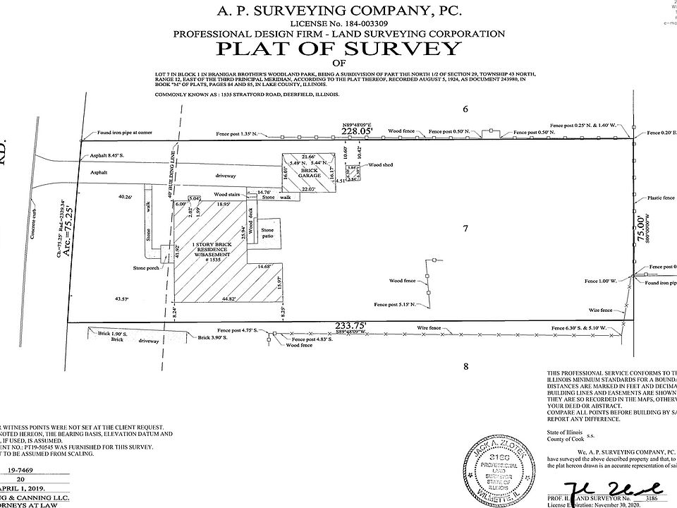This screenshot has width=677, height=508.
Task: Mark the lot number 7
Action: (x=463, y=228)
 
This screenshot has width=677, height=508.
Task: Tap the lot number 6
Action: (x=465, y=109)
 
